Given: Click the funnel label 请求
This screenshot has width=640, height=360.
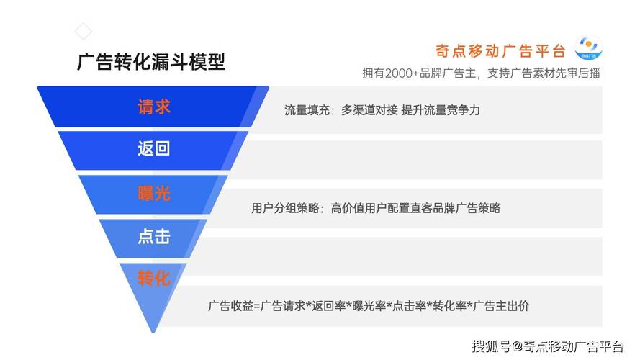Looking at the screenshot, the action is pyautogui.click(x=154, y=107).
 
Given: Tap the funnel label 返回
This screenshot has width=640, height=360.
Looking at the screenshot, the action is pyautogui.click(x=154, y=148).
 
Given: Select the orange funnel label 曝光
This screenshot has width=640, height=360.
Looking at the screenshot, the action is pyautogui.click(x=154, y=193).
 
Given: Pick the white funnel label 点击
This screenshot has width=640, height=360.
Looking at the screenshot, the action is pyautogui.click(x=154, y=236).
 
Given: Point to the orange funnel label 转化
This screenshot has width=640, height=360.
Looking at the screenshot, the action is pyautogui.click(x=154, y=279).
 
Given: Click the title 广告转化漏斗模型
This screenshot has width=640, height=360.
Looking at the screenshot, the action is pyautogui.click(x=151, y=62).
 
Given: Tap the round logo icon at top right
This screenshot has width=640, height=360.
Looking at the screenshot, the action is pyautogui.click(x=588, y=48).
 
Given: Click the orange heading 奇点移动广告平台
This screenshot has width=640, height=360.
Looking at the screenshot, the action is pyautogui.click(x=500, y=51).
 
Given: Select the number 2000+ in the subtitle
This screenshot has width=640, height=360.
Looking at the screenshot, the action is pyautogui.click(x=402, y=73).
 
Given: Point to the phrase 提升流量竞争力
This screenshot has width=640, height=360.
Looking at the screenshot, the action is pyautogui.click(x=441, y=109).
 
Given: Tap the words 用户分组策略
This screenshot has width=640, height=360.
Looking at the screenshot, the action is pyautogui.click(x=285, y=208).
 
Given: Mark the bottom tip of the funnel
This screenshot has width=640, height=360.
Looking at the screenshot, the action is pyautogui.click(x=153, y=332).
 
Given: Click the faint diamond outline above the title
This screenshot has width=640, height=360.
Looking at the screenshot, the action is pyautogui.click(x=84, y=31).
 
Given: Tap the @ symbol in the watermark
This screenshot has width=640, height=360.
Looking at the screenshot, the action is pyautogui.click(x=517, y=346).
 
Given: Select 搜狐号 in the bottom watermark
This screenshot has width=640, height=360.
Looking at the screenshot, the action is pyautogui.click(x=492, y=346).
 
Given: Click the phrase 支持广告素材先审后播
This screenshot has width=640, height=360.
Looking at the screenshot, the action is pyautogui.click(x=544, y=73).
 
